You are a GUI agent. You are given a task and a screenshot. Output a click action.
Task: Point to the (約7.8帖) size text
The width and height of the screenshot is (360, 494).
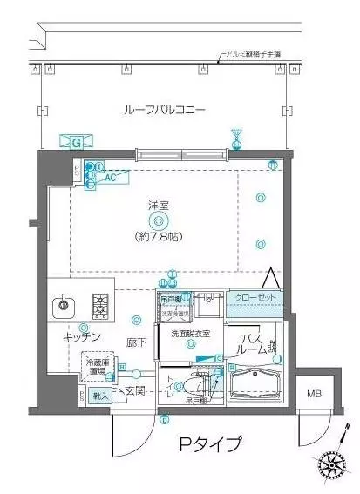pos(158,236)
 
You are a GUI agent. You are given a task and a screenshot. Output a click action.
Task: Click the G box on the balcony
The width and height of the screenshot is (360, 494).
pos(76,141)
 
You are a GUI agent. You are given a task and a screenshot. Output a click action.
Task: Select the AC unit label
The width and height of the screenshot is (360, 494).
pos(110,176)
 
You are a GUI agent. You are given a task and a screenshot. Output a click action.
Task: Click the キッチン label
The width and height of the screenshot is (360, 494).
pos(82,336)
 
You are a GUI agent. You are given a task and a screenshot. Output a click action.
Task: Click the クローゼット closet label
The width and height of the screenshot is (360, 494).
pos(256,298)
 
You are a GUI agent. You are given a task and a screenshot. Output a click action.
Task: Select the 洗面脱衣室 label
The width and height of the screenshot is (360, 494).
pos(190,334)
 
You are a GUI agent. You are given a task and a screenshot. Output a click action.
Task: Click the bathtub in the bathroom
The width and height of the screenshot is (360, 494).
pos(259,382)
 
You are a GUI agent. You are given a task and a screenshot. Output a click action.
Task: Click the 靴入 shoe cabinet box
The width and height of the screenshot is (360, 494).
pos(100,396)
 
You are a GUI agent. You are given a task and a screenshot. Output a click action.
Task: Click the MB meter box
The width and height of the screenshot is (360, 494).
pos(311,393)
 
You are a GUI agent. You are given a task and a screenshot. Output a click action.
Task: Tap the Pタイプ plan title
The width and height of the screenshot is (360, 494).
pos(209,445)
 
